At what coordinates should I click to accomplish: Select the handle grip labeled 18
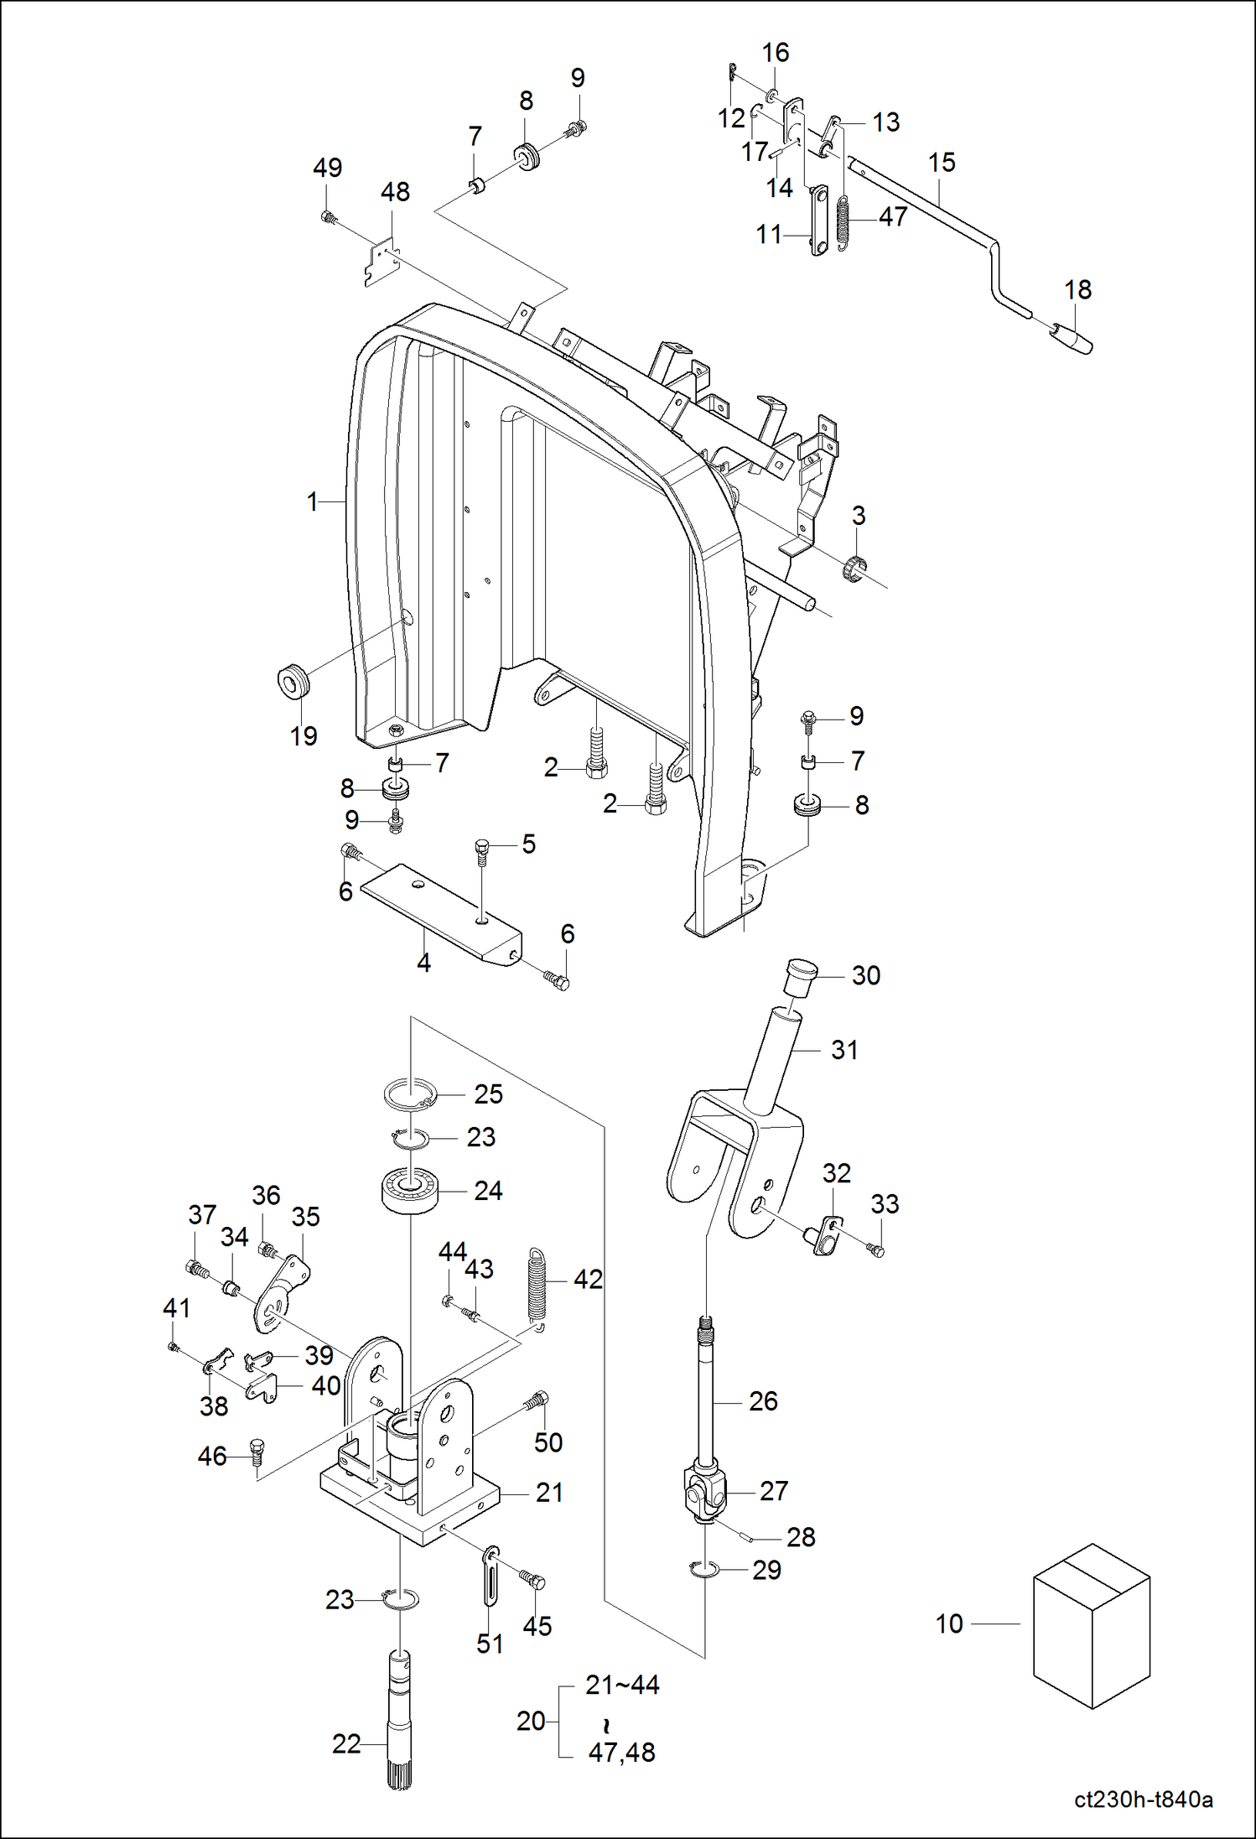pos(1072,339)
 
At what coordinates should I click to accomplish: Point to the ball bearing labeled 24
pos(411,1189)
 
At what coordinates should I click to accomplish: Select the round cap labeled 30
pos(802,977)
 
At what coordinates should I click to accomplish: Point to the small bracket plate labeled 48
pos(381,262)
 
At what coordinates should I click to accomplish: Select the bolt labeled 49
pos(328,218)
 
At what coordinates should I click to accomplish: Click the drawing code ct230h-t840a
pos(1143,1799)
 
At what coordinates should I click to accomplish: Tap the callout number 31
pos(844,1050)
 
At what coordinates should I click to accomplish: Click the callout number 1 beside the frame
pos(312,501)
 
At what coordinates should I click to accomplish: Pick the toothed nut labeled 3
pos(854,568)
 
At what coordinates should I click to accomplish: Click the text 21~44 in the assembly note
pos(622,1685)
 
